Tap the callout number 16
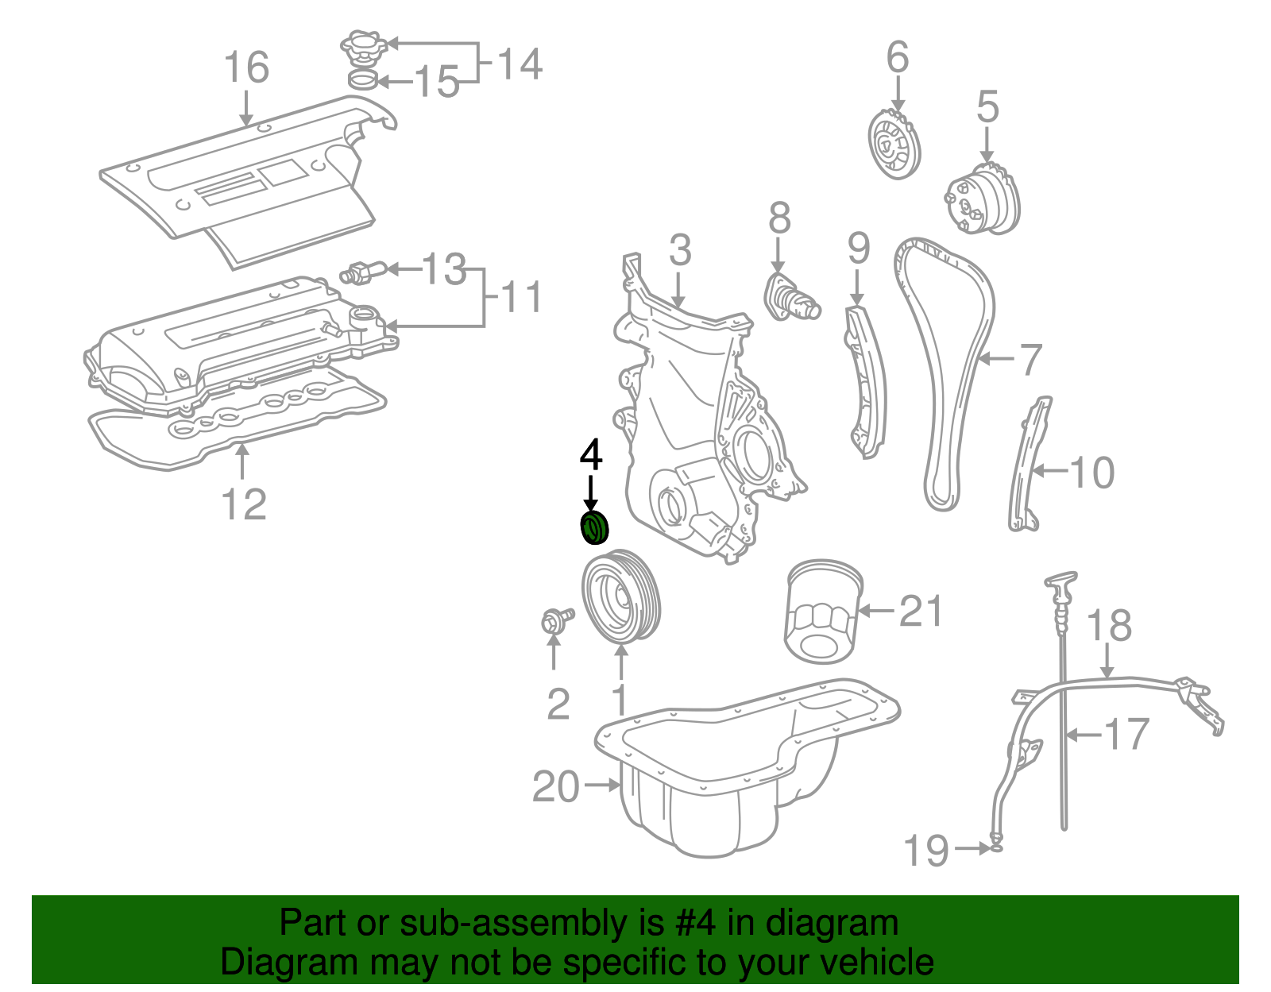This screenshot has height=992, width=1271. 246,68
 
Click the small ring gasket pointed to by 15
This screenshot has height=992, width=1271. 363,79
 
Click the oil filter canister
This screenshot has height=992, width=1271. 823,612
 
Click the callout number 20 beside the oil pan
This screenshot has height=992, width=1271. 556,786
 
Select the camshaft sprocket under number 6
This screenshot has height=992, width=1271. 894,145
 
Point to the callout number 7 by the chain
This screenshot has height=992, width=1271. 1030,359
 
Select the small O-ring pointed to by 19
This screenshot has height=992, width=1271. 996,847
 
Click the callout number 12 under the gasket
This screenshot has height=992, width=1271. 243,504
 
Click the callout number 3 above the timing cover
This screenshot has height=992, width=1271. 680,250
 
